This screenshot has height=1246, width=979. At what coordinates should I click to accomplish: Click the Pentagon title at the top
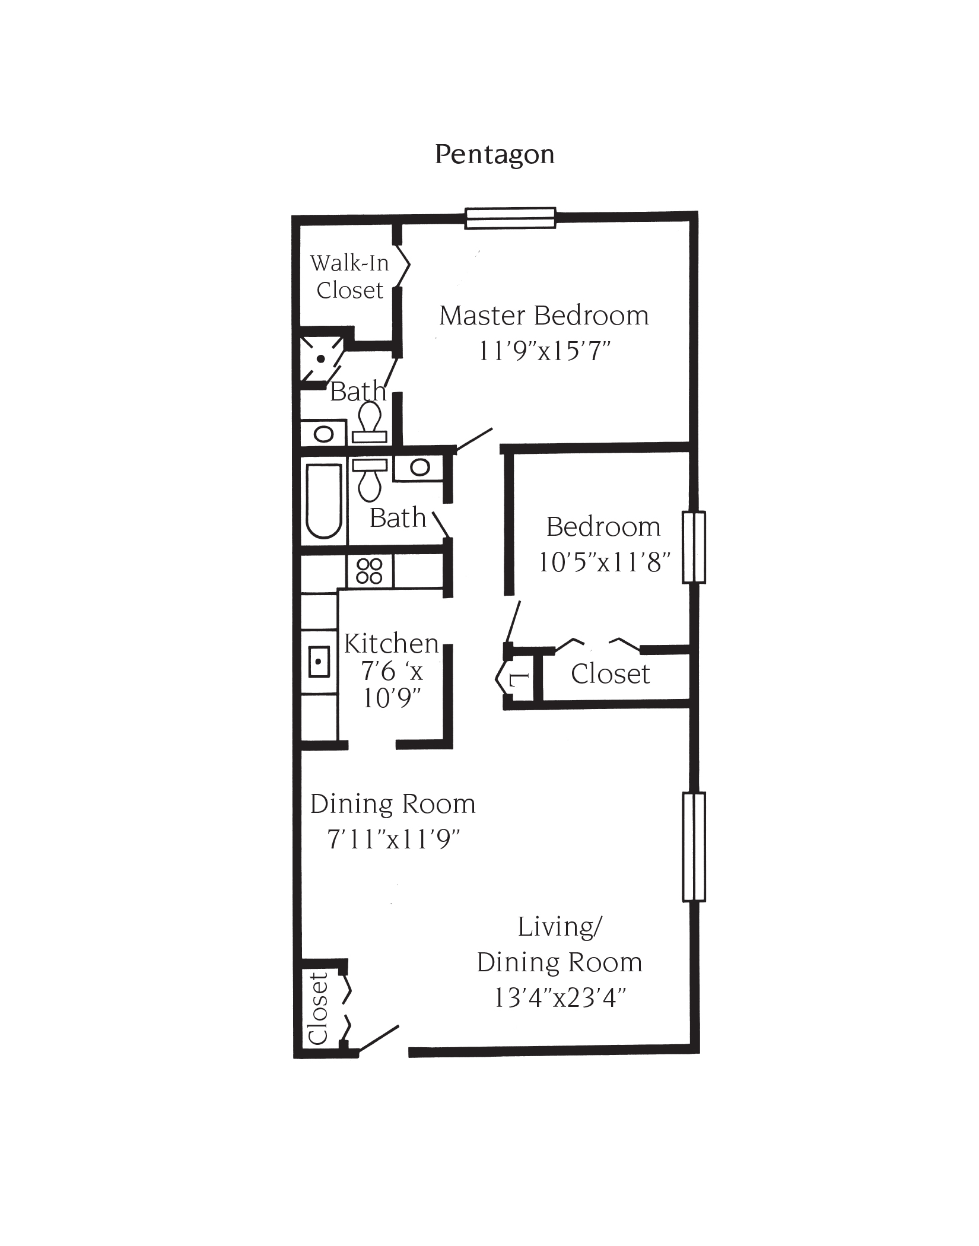point(494,155)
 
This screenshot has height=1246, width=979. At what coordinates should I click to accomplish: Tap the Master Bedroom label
point(543,316)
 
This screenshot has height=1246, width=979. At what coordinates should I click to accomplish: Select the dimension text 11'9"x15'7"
point(544,351)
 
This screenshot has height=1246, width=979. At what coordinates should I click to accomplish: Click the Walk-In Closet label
point(349,276)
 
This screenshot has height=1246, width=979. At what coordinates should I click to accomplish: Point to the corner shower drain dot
point(320,359)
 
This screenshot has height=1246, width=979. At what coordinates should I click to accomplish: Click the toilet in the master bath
point(370,421)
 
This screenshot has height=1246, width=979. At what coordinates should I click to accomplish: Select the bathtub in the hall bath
point(323,500)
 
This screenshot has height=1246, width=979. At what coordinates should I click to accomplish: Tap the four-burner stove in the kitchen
point(369,571)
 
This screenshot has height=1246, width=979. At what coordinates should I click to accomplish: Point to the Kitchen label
point(391,644)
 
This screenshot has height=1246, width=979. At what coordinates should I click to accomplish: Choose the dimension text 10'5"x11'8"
point(604,562)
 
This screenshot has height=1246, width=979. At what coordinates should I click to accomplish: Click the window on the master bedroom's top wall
point(510,218)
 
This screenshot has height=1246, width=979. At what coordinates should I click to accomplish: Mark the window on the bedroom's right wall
point(694,547)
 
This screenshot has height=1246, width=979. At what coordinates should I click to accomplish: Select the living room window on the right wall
point(694,847)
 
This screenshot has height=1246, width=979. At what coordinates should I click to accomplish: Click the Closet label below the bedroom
point(610,674)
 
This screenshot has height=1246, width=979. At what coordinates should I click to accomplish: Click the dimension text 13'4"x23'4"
point(560,999)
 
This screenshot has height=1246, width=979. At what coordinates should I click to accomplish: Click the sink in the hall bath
point(419,467)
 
